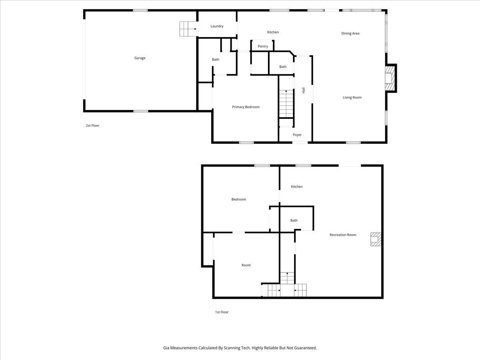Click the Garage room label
point(140,58)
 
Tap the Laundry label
point(217,26)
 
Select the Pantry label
point(263,46)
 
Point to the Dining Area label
point(350,34)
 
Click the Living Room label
point(352,98)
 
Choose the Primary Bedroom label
point(246,107)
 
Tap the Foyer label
point(297,135)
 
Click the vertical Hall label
point(304,91)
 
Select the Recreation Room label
point(343,235)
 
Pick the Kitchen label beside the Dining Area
point(273,32)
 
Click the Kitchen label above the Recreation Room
point(296,187)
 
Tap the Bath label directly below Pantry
point(283,67)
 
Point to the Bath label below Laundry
point(215,60)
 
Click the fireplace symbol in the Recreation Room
point(375,239)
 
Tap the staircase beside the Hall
point(286,104)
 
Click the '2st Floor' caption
point(92,126)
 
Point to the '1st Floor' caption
point(222,312)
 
